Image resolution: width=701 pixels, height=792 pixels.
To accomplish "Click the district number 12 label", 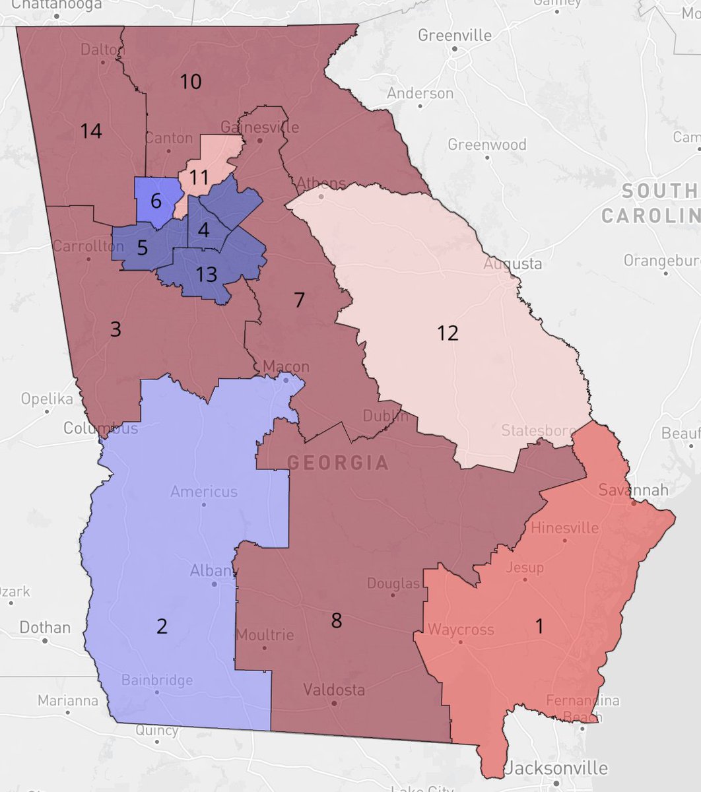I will tap(448, 333).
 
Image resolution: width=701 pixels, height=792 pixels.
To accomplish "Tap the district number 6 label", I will tap(156, 201).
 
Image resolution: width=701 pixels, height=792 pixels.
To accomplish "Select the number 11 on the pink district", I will tap(199, 177).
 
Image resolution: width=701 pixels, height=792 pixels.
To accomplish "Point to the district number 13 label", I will tap(207, 274).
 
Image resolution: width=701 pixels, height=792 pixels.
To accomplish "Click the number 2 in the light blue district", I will tap(162, 626).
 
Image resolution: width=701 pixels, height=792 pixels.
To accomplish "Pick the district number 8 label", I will tap(337, 620).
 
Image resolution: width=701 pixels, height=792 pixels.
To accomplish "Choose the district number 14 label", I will tap(91, 131).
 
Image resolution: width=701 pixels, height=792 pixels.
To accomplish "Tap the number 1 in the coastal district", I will tap(539, 626).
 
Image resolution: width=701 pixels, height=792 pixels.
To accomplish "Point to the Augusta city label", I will tap(513, 264).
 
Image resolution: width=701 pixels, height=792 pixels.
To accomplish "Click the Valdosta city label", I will tap(334, 690).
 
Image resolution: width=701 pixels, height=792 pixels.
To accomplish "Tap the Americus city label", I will tap(203, 492).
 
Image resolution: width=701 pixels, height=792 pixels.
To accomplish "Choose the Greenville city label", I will tap(455, 35).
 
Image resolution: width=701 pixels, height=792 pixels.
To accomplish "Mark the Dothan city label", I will tap(45, 627).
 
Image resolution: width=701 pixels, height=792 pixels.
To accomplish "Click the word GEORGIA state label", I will tap(338, 462).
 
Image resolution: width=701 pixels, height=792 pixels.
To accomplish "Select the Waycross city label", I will tap(461, 630).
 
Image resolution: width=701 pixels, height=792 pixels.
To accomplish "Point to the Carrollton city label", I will tap(88, 246).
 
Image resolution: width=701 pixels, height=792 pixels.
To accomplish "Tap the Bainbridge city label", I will tap(157, 680).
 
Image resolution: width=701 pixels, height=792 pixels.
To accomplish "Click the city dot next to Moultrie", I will tap(265, 647).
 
